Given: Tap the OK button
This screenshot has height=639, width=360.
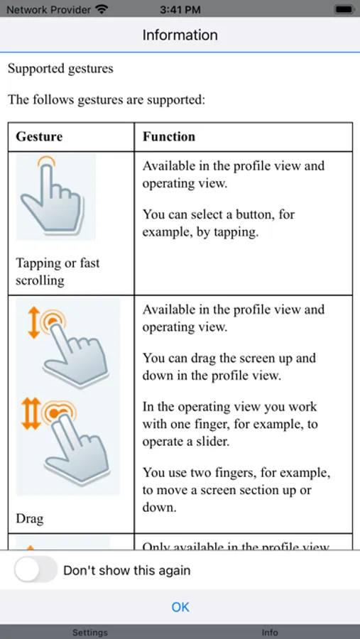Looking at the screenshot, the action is [x=180, y=607].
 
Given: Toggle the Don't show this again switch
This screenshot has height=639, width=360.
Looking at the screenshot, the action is [x=36, y=570].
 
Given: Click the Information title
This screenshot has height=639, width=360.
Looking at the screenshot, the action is [x=180, y=35].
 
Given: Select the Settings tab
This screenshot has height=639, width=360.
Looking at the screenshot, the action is [x=90, y=632].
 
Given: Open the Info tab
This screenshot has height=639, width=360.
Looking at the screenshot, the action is [x=270, y=632].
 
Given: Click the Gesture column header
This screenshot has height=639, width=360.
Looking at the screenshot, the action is [x=39, y=136].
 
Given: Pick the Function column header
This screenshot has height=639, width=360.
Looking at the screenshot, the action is [x=169, y=136].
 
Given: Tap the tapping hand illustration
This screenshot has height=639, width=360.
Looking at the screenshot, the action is [x=55, y=197].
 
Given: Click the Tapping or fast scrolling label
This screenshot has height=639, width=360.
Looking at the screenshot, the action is [x=58, y=271].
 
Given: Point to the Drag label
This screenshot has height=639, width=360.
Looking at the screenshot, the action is [x=30, y=518].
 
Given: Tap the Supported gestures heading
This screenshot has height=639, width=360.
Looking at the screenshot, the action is [x=60, y=69].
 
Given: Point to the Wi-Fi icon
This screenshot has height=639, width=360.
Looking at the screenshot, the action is [x=102, y=10].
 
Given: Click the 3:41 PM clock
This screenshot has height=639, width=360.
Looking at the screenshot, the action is [x=180, y=10].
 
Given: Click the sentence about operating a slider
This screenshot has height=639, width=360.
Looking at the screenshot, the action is [x=230, y=424].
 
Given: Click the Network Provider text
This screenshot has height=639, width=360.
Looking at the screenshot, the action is [x=48, y=10].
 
